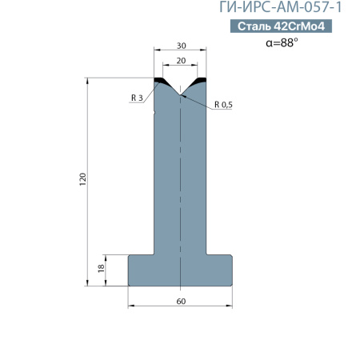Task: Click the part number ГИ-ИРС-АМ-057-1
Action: click(x=281, y=7)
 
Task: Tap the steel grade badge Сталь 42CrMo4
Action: click(x=281, y=26)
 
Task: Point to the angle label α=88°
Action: click(x=282, y=42)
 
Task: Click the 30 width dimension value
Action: click(x=181, y=46)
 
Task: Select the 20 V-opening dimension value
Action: click(x=181, y=61)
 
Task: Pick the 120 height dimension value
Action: click(x=83, y=179)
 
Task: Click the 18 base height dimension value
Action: click(x=102, y=268)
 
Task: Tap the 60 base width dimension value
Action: click(x=181, y=302)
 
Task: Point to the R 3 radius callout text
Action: click(x=137, y=98)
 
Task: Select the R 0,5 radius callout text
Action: click(x=223, y=105)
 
